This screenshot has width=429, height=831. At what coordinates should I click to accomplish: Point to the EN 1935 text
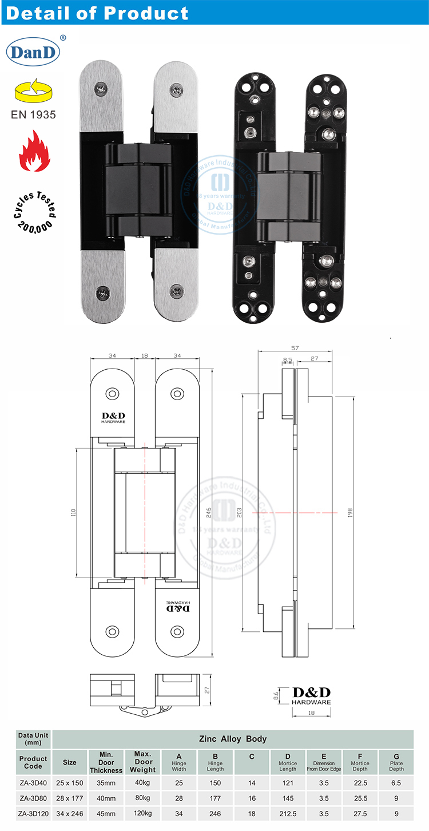34,114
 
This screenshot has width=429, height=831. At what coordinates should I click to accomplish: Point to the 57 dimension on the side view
294,347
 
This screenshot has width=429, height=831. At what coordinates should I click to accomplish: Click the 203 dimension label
239,513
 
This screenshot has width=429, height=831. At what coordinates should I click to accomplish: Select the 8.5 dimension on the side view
287,360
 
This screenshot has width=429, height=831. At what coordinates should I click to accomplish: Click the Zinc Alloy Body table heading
232,739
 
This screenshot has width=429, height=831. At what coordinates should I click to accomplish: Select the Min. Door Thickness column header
106,762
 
